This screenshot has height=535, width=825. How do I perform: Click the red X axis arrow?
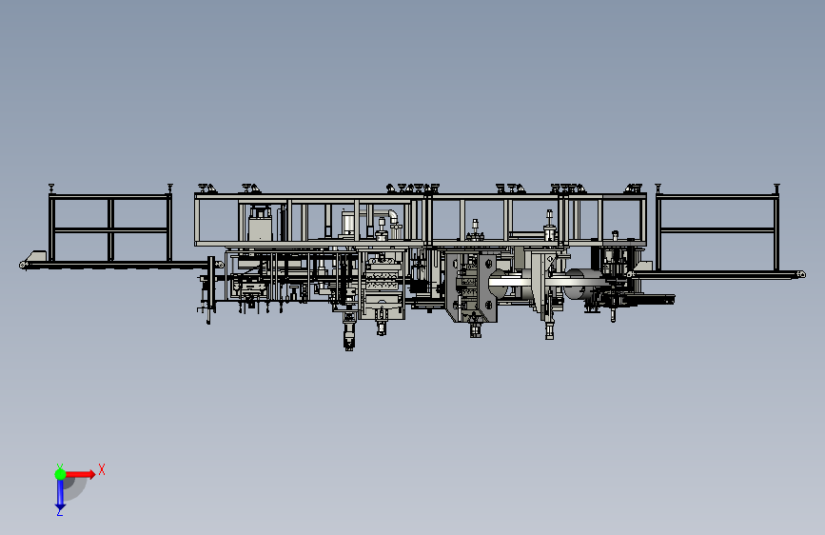[x=79, y=474]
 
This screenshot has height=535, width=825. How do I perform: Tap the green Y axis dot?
[x=60, y=474]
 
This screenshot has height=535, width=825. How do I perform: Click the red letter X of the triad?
[x=102, y=469]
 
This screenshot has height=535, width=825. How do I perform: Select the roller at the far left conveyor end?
[x=23, y=265]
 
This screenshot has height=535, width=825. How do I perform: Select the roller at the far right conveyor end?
[x=801, y=274]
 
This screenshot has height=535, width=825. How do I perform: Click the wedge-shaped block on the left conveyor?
[x=36, y=255]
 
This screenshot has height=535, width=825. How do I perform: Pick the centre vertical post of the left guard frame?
[x=110, y=229]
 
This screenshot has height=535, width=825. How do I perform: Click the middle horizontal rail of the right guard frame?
[x=717, y=229]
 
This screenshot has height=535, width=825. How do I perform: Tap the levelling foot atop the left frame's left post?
[x=51, y=188]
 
